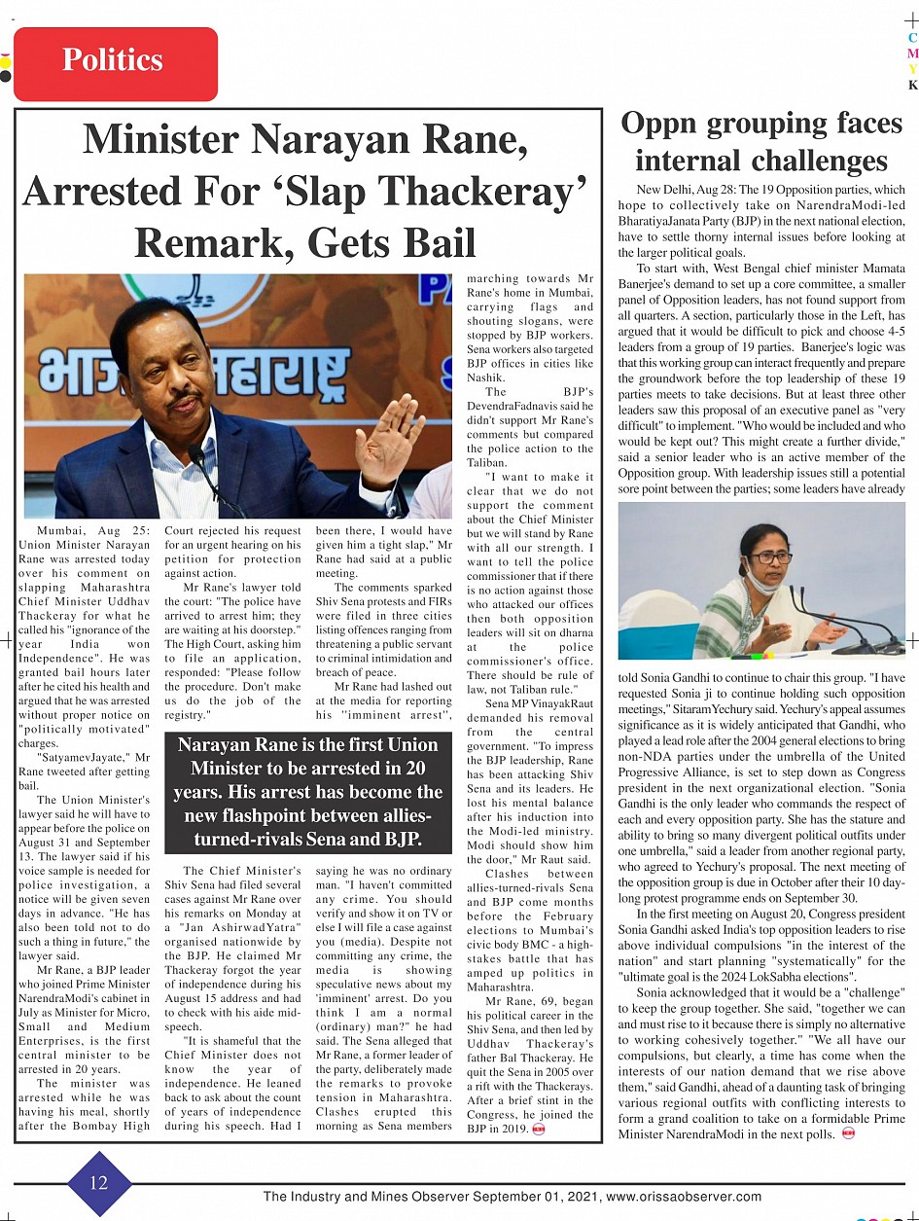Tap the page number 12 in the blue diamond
(98, 1182)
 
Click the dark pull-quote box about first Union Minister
(308, 791)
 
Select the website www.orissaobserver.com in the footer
(684, 1198)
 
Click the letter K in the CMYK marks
(912, 86)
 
